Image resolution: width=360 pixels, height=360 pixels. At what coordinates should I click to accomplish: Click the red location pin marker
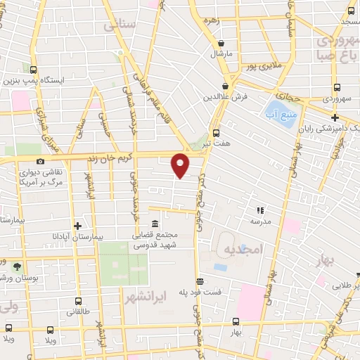tap(181, 165)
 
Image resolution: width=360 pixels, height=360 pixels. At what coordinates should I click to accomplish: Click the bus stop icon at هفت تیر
tap(215, 131)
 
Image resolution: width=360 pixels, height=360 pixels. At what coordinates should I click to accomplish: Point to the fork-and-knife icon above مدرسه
tap(260, 210)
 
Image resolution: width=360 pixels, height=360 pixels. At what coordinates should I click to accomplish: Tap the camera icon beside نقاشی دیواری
tap(39, 161)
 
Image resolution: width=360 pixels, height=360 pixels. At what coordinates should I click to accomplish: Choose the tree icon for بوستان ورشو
tap(16, 266)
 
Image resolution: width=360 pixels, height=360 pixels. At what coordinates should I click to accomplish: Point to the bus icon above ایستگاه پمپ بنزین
tap(33, 69)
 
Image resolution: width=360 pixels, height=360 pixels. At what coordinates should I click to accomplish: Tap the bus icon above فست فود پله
tap(200, 281)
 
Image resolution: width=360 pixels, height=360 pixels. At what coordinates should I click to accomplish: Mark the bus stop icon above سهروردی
tap(336, 89)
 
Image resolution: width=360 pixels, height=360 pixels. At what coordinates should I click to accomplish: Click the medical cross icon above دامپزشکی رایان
tap(335, 117)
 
